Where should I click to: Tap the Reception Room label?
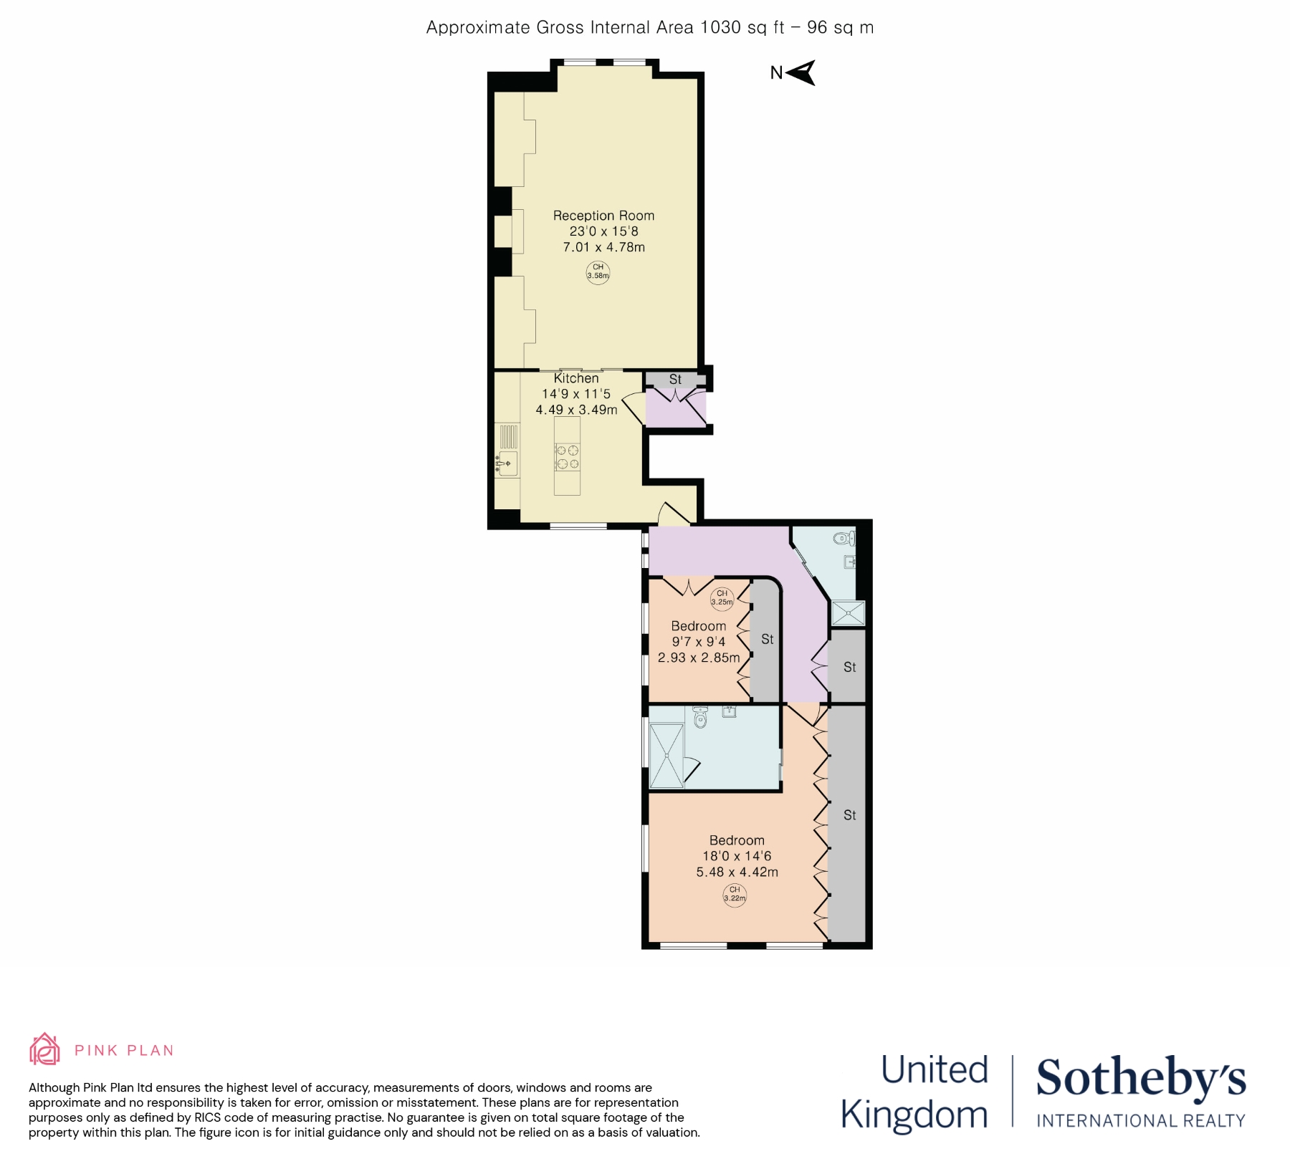tap(603, 216)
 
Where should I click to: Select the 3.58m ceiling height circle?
tap(598, 272)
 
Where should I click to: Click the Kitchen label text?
tap(576, 378)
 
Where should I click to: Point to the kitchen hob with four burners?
tap(568, 458)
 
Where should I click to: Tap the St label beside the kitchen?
tap(675, 380)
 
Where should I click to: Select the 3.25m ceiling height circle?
tap(722, 597)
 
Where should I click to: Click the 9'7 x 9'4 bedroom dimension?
tap(698, 642)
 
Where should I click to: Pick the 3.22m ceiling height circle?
tap(735, 894)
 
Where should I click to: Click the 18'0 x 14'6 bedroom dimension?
tap(737, 856)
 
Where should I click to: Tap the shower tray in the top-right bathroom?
tap(848, 613)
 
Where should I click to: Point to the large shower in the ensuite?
tap(666, 756)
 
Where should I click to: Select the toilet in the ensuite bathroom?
tap(700, 716)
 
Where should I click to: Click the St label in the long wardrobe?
tap(849, 815)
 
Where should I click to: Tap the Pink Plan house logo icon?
tap(44, 1050)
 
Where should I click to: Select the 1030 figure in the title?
tap(720, 27)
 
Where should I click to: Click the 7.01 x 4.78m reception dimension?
tap(603, 247)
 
